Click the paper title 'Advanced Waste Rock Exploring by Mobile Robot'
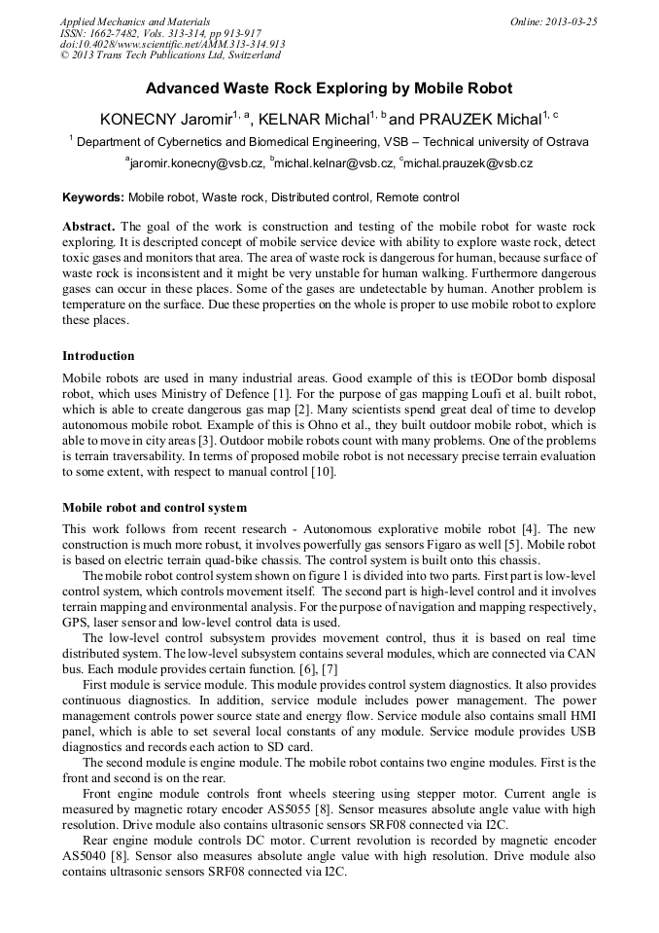pyautogui.click(x=329, y=89)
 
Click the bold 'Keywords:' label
pyautogui.click(x=93, y=197)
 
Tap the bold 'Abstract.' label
pyautogui.click(x=89, y=226)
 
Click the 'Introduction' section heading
pyautogui.click(x=98, y=356)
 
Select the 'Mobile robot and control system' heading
pyautogui.click(x=155, y=508)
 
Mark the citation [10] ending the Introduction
pyautogui.click(x=323, y=472)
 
